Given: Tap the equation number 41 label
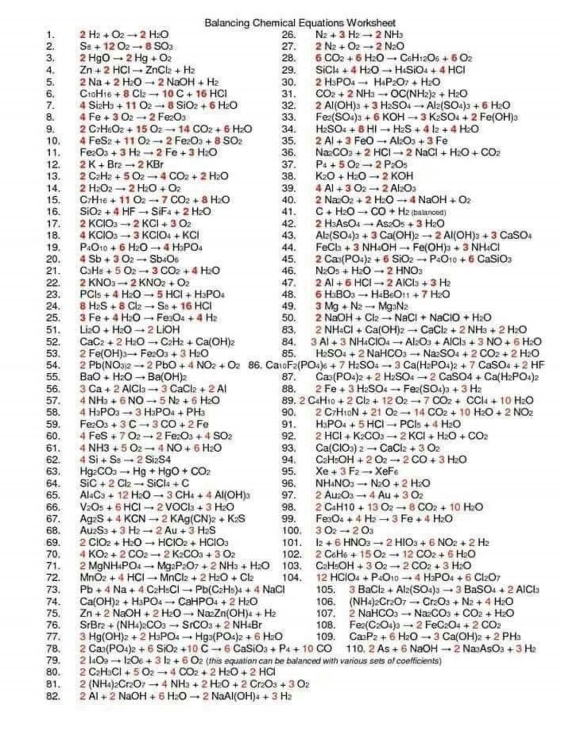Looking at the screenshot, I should (x=289, y=212).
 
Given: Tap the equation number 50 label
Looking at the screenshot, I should (x=289, y=318).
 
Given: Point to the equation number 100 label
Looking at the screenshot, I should (x=291, y=530).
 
